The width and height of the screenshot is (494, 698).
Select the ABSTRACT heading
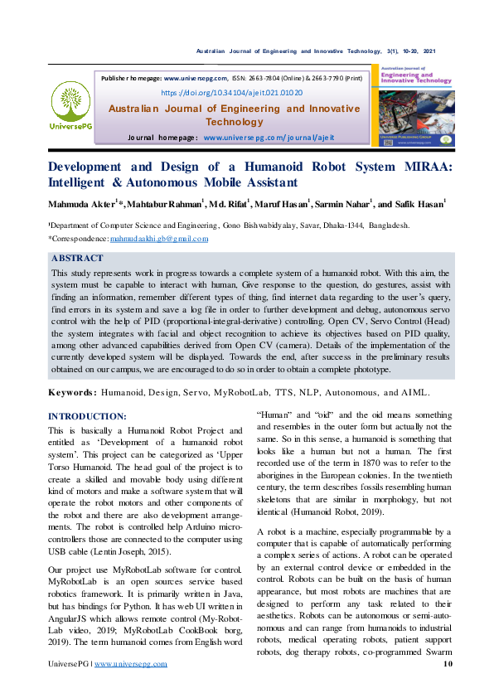(x=77, y=259)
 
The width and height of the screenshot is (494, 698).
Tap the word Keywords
(x=72, y=392)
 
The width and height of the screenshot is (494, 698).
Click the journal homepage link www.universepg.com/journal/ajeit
(x=269, y=137)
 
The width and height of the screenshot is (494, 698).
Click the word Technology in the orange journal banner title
(x=235, y=122)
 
